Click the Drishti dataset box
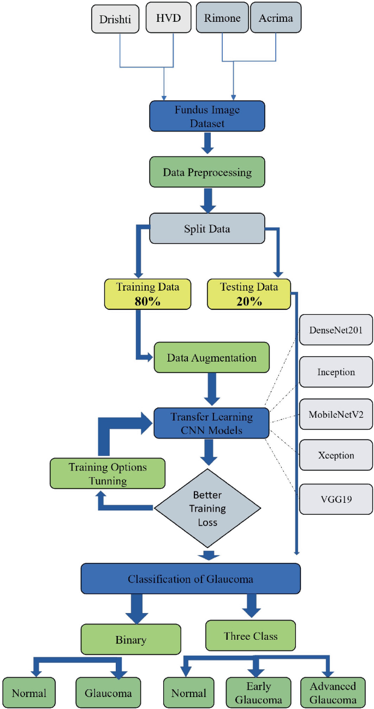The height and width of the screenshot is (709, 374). click(116, 19)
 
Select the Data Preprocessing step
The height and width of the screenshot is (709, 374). click(207, 172)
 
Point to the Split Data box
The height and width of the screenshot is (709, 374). click(207, 228)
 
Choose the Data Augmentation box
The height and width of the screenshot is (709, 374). click(211, 358)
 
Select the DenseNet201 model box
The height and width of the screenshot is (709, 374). click(336, 331)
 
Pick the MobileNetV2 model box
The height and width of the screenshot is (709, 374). click(336, 414)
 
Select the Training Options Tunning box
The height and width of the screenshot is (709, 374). click(107, 473)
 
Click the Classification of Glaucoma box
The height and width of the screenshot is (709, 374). click(191, 579)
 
